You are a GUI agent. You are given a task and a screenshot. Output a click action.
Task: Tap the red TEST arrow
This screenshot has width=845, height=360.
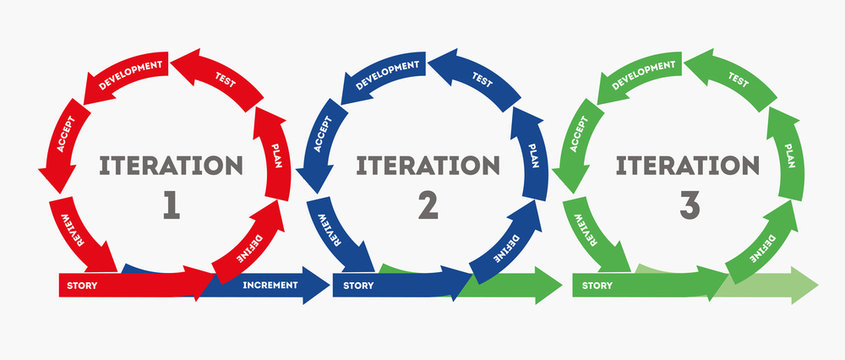(222, 80)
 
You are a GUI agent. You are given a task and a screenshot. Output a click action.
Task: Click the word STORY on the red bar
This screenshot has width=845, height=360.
(82, 286)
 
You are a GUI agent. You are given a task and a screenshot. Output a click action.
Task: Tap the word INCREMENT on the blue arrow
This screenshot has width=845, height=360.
(270, 286)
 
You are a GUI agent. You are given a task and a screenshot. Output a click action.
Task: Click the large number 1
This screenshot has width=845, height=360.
(170, 207)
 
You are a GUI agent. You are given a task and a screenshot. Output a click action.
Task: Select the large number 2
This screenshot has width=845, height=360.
(427, 207)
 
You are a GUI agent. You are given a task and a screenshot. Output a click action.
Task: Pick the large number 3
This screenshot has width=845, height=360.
(688, 207)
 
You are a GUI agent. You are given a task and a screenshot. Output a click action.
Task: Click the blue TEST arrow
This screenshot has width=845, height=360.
(481, 80)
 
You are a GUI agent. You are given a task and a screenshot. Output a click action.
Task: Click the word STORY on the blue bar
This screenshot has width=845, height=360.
(358, 286)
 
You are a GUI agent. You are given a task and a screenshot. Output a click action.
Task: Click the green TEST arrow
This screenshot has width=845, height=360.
(738, 80)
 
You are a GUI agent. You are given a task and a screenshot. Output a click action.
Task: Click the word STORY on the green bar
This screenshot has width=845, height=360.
(597, 286)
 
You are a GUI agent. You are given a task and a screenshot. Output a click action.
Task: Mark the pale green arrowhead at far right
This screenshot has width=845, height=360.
(800, 285)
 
